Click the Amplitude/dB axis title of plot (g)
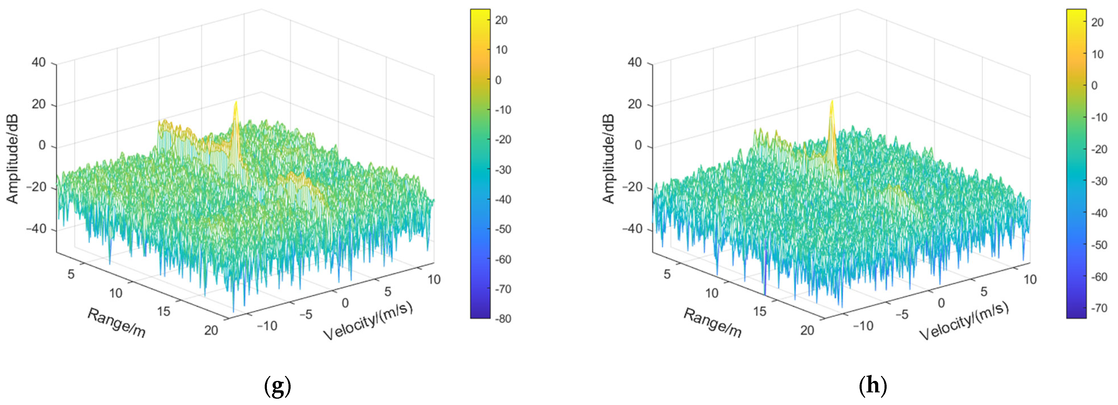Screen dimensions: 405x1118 (x=12, y=159)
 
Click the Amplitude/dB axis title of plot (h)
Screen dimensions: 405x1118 (x=608, y=159)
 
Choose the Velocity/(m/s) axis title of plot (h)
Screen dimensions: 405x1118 (x=963, y=321)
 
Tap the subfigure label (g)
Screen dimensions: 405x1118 (x=277, y=385)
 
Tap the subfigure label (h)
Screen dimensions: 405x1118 (x=873, y=385)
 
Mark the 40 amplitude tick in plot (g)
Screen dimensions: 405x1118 (x=39, y=63)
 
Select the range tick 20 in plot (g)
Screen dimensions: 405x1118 (x=211, y=330)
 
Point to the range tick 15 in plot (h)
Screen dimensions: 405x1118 (x=759, y=311)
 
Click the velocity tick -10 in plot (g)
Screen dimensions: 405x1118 (x=267, y=326)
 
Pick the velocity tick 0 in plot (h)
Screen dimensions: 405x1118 (x=941, y=303)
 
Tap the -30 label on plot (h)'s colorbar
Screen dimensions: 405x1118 (x=1099, y=181)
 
